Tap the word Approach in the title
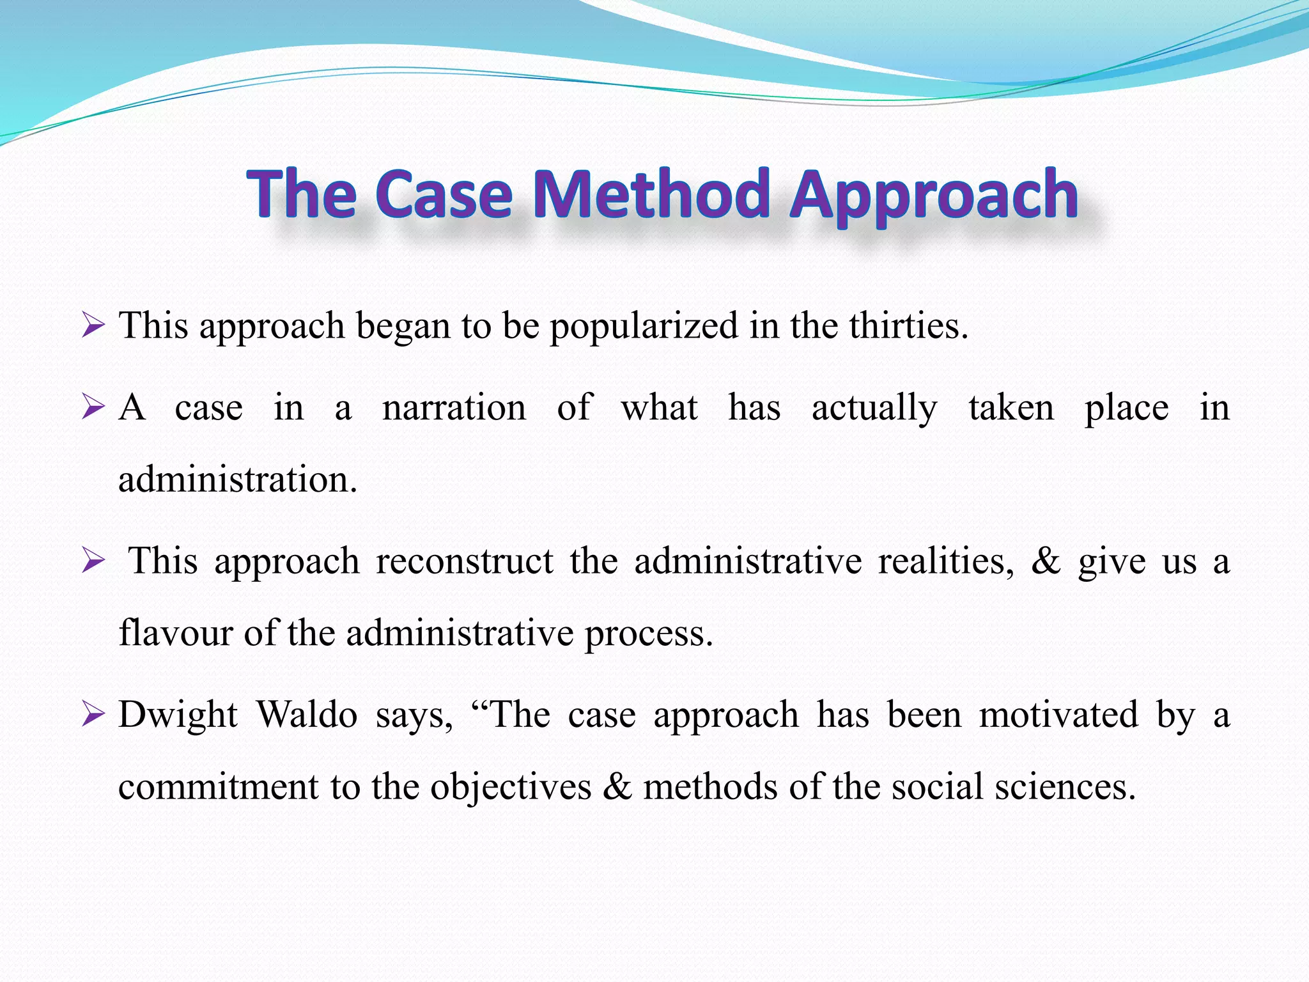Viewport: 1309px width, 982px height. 934,195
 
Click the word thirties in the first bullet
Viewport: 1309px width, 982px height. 908,325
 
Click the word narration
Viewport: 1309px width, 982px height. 454,407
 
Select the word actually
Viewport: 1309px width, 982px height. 874,409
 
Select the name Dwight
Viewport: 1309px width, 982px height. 178,715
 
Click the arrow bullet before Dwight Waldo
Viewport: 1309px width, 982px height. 93,716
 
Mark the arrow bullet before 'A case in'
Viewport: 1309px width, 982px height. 93,408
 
